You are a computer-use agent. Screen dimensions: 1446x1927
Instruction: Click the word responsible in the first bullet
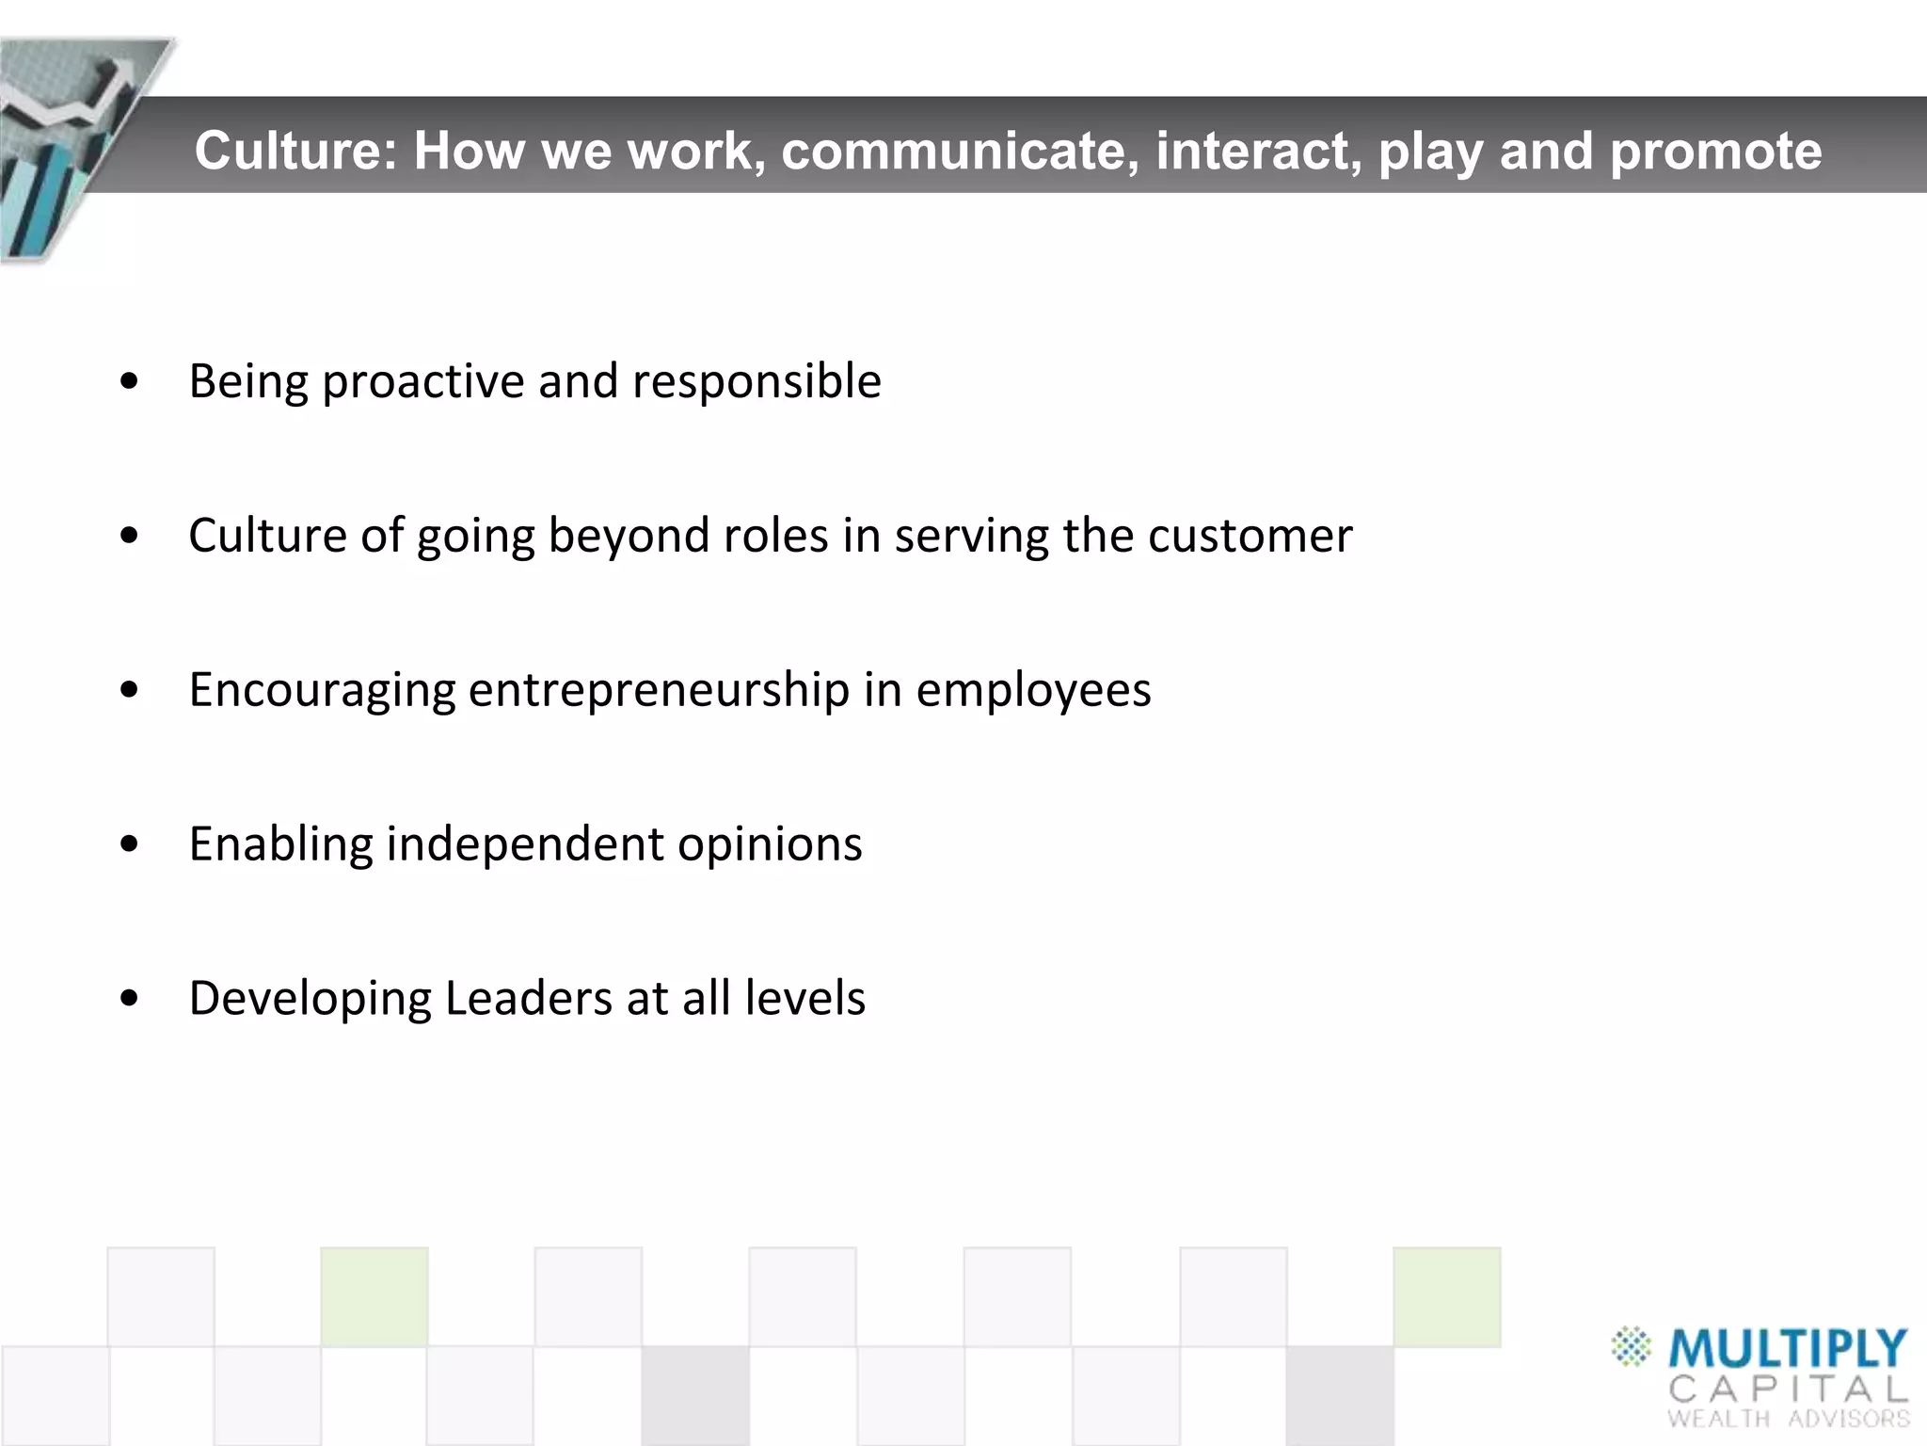[x=756, y=382]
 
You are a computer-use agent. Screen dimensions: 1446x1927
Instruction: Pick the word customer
[x=1250, y=536]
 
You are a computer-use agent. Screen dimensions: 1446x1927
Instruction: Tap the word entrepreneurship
[x=659, y=690]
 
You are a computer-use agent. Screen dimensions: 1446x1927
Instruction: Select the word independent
[x=524, y=843]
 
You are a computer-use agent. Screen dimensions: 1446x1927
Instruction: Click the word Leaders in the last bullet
[x=529, y=998]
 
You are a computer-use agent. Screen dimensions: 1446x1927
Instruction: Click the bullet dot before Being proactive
[x=130, y=382]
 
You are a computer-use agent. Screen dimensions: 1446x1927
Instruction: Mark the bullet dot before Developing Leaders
[x=130, y=999]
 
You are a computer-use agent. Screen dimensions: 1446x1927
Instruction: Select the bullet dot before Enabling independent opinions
[x=130, y=844]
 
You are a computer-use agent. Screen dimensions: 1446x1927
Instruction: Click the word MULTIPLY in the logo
[x=1787, y=1349]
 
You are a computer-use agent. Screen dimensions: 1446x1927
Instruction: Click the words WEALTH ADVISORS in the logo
[x=1788, y=1419]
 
